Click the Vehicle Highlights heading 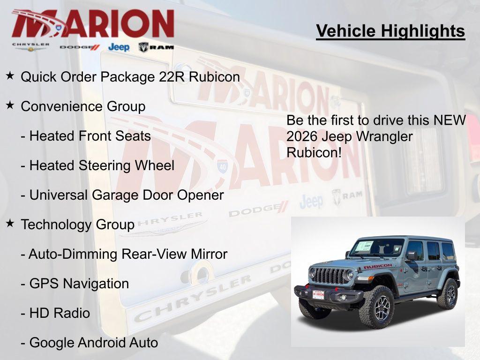[x=390, y=31]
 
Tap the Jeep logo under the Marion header [x=119, y=47]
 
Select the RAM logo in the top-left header [x=156, y=47]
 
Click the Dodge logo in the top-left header [x=80, y=47]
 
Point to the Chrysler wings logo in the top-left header [x=31, y=47]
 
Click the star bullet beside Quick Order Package [x=10, y=75]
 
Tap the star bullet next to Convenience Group [x=10, y=105]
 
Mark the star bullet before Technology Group [x=10, y=224]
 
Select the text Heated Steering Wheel [x=97, y=165]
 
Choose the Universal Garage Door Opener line [x=122, y=195]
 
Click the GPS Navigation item [x=75, y=284]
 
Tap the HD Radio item [x=55, y=313]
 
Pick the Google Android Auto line [x=89, y=343]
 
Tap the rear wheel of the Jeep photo [x=448, y=294]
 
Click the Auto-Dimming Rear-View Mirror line [x=124, y=254]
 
